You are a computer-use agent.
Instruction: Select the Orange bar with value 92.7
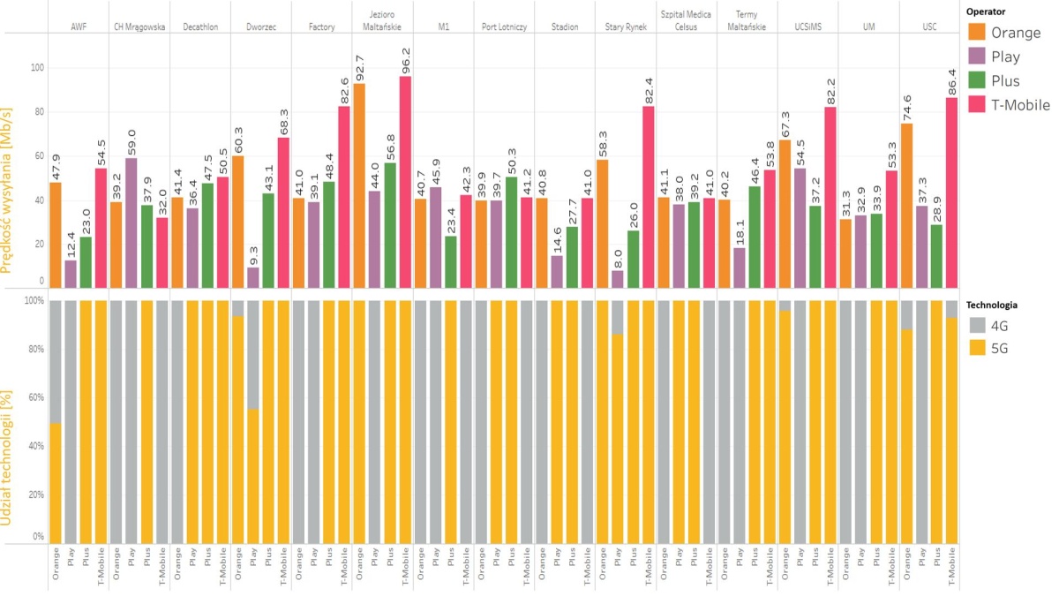[360, 185]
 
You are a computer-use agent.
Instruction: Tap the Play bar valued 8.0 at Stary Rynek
[618, 279]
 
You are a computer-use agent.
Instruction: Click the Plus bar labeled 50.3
[512, 232]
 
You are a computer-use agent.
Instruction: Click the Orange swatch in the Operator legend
[978, 33]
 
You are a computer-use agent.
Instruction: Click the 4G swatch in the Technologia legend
[978, 326]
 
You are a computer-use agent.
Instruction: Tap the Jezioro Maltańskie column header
[382, 20]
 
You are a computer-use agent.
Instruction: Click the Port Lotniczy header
[504, 27]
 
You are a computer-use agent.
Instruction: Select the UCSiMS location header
[808, 27]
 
